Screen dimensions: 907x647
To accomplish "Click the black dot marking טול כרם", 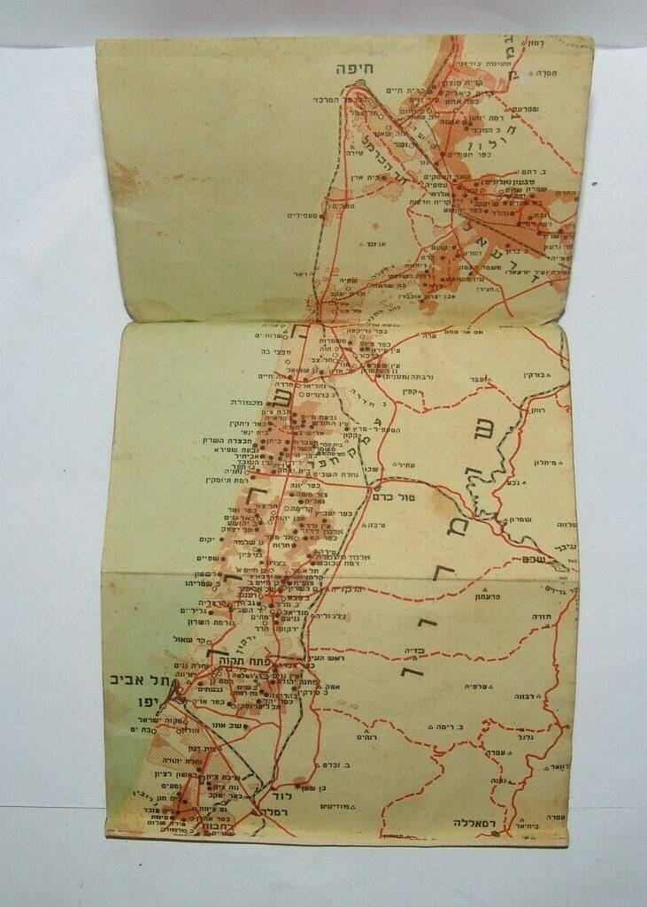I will coord(377,486).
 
